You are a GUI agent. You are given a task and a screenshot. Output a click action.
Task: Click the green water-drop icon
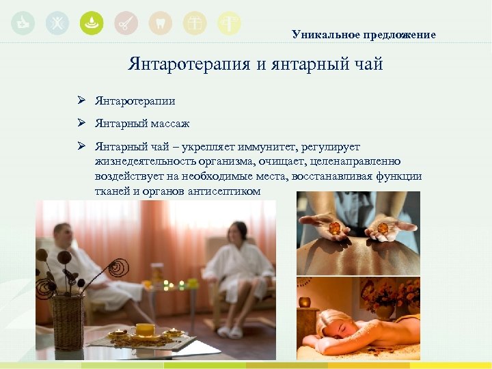pyautogui.click(x=92, y=23)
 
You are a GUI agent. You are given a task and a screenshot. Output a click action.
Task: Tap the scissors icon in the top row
pyautogui.click(x=126, y=23)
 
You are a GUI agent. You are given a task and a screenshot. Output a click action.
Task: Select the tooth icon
pyautogui.click(x=160, y=23)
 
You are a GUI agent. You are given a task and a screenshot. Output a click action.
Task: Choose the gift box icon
pyautogui.click(x=194, y=23)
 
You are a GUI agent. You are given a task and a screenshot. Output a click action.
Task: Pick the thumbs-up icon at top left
pyautogui.click(x=23, y=23)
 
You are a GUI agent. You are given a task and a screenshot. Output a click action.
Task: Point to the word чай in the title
pyautogui.click(x=366, y=65)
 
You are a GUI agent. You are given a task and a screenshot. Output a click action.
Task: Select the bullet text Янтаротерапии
pyautogui.click(x=135, y=101)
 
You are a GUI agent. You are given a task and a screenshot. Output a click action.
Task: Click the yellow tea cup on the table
pyautogui.click(x=145, y=330)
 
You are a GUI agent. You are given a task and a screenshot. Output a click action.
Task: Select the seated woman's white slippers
pyautogui.click(x=230, y=331)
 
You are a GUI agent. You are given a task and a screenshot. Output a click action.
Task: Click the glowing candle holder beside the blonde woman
pyautogui.click(x=305, y=302)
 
